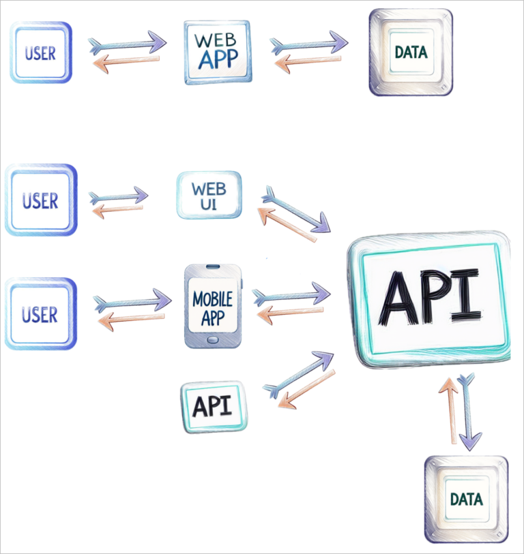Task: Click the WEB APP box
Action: coord(216,52)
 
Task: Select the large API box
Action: coord(428,299)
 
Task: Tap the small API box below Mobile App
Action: coord(214,407)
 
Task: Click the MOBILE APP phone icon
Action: coord(213,307)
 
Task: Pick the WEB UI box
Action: coord(209,195)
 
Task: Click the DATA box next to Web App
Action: coord(411,52)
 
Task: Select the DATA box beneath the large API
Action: coord(466,499)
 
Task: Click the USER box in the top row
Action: coord(40,52)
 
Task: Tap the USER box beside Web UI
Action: coord(40,200)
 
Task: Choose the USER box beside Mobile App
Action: coord(40,314)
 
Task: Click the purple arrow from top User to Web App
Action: coord(128,43)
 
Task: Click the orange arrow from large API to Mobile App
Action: coord(293,314)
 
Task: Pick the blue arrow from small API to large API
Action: coord(298,373)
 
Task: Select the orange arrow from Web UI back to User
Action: coord(117,211)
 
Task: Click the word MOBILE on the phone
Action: coord(213,298)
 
